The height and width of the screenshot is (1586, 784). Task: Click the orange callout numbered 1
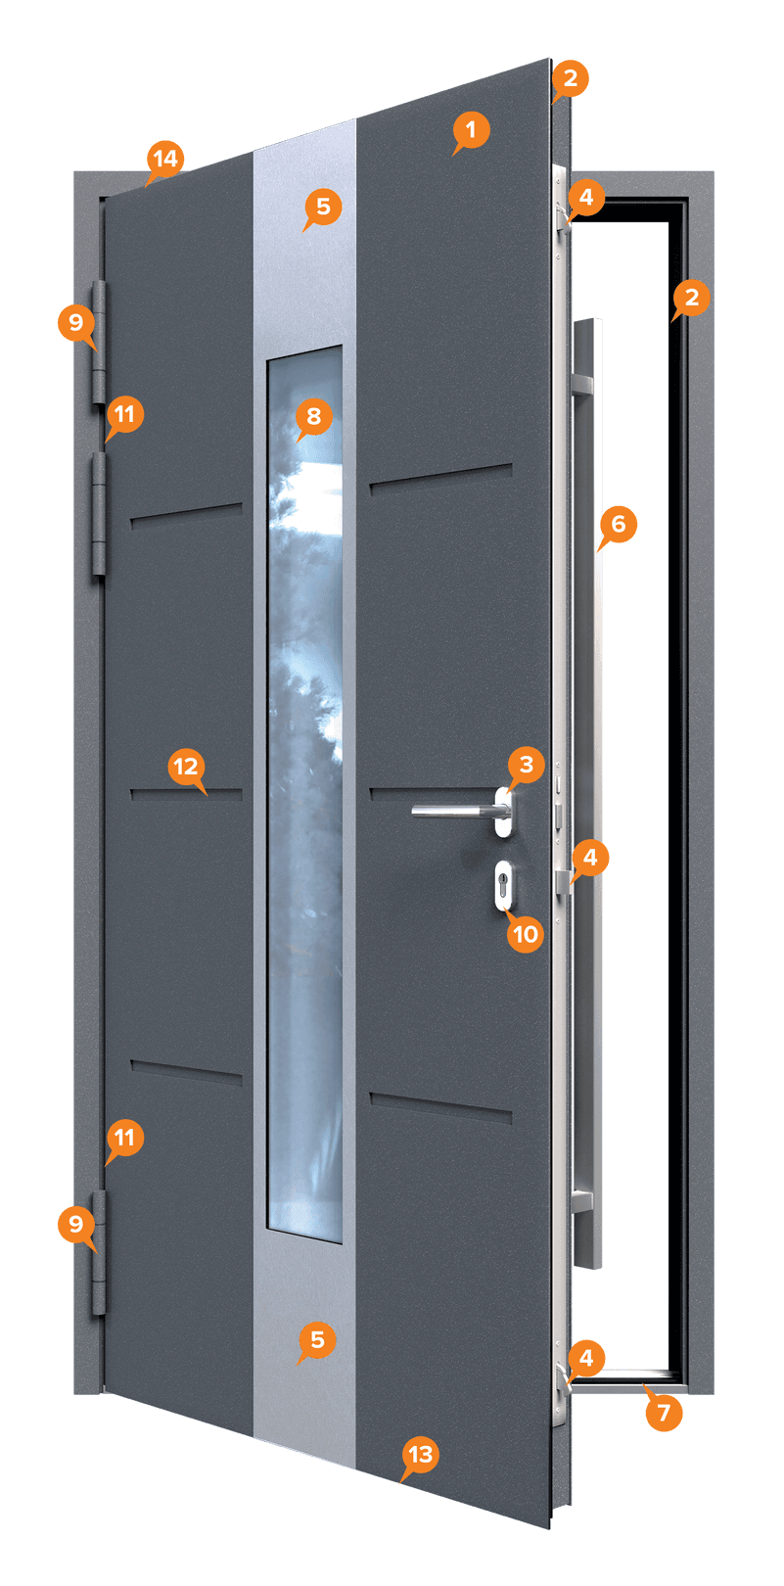(x=471, y=130)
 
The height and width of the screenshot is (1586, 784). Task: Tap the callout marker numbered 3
(x=527, y=765)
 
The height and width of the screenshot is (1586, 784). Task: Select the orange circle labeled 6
(x=619, y=524)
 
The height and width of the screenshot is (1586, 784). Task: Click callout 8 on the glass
(x=314, y=416)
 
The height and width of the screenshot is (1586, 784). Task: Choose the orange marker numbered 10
(x=525, y=934)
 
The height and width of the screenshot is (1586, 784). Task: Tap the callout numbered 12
(x=187, y=767)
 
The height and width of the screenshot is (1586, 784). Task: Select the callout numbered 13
(x=420, y=1455)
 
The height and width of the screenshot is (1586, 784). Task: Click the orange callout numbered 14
(x=165, y=159)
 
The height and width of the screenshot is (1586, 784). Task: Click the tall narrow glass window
(x=305, y=793)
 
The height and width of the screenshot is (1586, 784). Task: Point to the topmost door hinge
(x=99, y=343)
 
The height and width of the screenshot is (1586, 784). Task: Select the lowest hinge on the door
(x=99, y=1252)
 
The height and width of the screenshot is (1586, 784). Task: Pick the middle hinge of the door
(x=99, y=515)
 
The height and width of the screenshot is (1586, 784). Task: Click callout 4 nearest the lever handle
(x=589, y=859)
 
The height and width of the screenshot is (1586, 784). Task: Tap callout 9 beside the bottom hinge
(x=76, y=1224)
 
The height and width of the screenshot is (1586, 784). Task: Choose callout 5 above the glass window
(x=323, y=207)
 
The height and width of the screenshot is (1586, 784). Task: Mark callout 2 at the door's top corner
(x=571, y=78)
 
